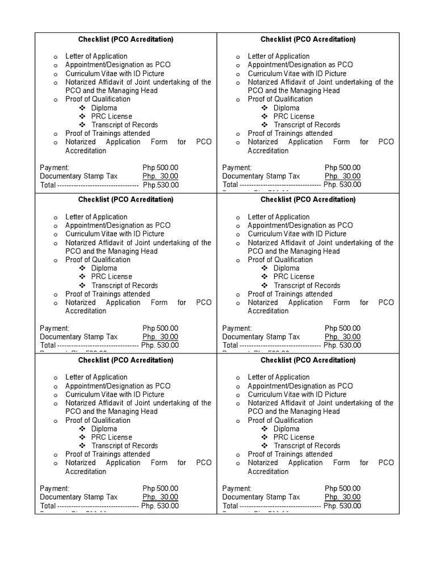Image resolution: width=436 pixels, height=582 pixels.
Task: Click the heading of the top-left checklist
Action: (x=125, y=39)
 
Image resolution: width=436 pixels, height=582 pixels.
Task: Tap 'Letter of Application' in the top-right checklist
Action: (x=278, y=56)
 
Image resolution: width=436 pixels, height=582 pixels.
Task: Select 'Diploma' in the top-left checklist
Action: (x=104, y=108)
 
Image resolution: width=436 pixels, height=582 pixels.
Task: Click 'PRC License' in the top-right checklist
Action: (x=294, y=117)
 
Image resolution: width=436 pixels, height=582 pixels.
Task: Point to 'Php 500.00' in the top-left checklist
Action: (x=160, y=168)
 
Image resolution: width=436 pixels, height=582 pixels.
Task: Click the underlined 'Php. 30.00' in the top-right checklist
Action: (x=342, y=176)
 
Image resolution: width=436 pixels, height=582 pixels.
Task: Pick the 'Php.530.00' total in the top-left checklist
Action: (x=161, y=185)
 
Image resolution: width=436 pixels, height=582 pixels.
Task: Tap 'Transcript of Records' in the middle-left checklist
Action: (x=124, y=285)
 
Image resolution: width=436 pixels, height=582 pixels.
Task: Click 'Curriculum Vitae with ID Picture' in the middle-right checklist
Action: (x=297, y=234)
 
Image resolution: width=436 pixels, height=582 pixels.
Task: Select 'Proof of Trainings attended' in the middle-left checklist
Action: (x=107, y=294)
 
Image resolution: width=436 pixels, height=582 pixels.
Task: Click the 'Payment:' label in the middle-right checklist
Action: (x=237, y=328)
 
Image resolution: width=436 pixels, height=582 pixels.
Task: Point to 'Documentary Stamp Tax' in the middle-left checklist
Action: (x=79, y=336)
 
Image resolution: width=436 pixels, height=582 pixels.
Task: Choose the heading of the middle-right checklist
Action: (x=308, y=199)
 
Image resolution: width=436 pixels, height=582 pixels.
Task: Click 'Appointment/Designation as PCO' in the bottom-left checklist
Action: (x=118, y=386)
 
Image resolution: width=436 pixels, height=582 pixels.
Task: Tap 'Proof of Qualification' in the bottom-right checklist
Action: (x=280, y=420)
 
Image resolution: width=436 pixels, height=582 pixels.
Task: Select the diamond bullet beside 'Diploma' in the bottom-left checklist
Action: (x=82, y=429)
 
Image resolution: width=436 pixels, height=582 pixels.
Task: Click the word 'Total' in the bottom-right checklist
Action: (x=230, y=506)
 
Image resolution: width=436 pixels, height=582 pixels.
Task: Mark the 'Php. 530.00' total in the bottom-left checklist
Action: (x=160, y=506)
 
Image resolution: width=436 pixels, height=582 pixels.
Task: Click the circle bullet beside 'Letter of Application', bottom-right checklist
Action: (x=238, y=378)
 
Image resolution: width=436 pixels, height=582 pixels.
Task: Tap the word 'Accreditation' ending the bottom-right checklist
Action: (x=268, y=472)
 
